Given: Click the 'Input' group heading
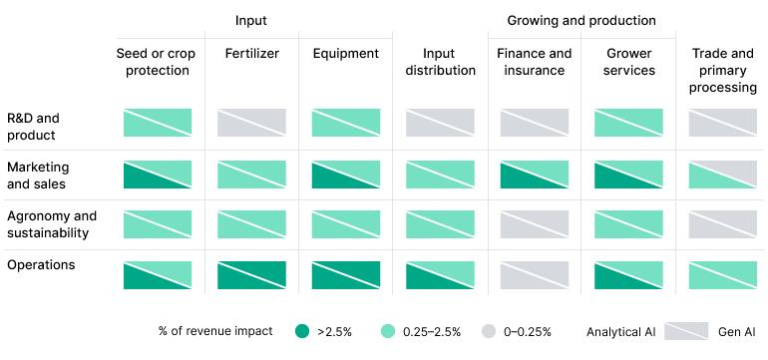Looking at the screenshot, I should [251, 20].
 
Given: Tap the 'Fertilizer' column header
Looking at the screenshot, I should [251, 54].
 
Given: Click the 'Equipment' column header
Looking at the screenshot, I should [345, 54].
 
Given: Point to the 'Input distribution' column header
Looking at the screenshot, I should [440, 62].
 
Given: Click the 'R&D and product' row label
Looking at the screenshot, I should [32, 127].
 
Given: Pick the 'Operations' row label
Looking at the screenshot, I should [39, 265].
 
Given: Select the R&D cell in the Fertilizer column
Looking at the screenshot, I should [251, 123].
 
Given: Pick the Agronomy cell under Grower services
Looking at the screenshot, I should [628, 224].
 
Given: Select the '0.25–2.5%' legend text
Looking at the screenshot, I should [432, 331].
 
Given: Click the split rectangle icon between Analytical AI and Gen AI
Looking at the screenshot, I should [685, 331].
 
